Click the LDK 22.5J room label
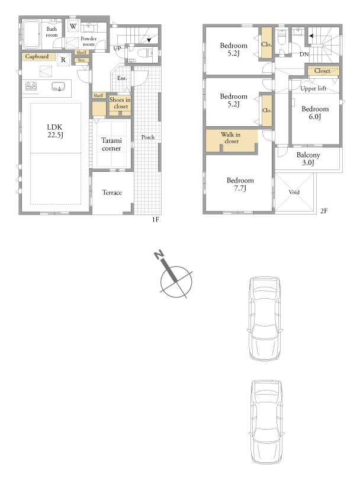pyautogui.click(x=55, y=131)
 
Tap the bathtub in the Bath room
pyautogui.click(x=31, y=34)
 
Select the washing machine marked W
pyautogui.click(x=73, y=27)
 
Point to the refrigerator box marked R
pyautogui.click(x=63, y=60)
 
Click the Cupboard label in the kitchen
pyautogui.click(x=37, y=57)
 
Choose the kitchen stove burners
pyautogui.click(x=31, y=86)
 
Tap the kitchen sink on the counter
pyautogui.click(x=58, y=87)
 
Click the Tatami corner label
pyautogui.click(x=111, y=144)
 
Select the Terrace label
pyautogui.click(x=112, y=193)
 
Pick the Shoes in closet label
pyautogui.click(x=120, y=103)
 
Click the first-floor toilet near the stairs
pyautogui.click(x=144, y=53)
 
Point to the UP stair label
pyautogui.click(x=117, y=48)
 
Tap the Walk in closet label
pyautogui.click(x=231, y=137)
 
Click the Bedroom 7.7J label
pyautogui.click(x=240, y=184)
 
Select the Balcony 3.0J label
pyautogui.click(x=308, y=159)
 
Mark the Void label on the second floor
pyautogui.click(x=294, y=192)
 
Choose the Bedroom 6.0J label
pyautogui.click(x=315, y=113)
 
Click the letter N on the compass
pyautogui.click(x=159, y=254)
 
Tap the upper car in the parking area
pyautogui.click(x=265, y=318)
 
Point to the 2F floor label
pyautogui.click(x=324, y=211)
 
